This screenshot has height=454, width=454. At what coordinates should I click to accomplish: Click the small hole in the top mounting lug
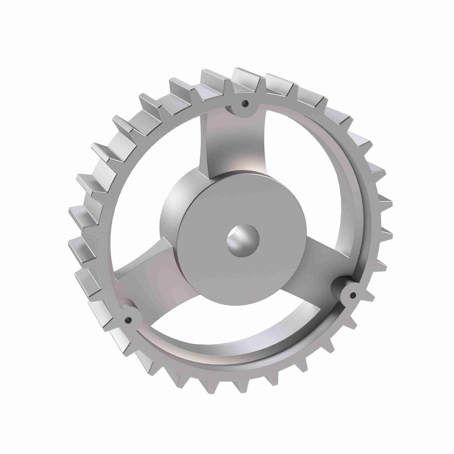click(246, 103)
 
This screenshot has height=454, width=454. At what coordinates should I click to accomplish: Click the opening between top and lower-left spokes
click(151, 182)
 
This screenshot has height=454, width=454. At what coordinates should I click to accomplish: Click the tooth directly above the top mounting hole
click(244, 78)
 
